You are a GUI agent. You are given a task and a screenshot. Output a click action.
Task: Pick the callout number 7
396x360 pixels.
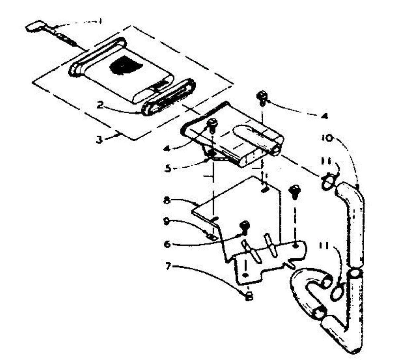pyautogui.click(x=168, y=266)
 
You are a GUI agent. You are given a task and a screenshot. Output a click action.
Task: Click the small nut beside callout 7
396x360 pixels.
pyautogui.click(x=250, y=295)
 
